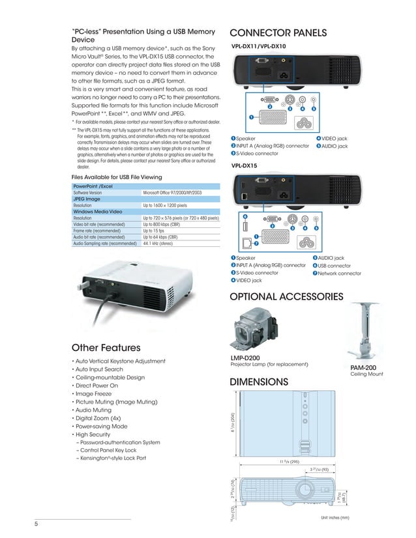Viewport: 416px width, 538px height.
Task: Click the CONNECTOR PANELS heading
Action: [278, 33]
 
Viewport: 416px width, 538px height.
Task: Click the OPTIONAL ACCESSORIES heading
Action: [286, 297]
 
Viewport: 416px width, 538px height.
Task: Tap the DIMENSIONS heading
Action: [259, 382]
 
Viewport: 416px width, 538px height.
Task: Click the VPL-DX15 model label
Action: [245, 166]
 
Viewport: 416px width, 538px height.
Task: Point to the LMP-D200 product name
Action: [245, 358]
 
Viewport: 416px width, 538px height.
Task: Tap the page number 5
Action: [37, 524]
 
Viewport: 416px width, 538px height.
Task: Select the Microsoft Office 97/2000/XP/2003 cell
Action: [172, 193]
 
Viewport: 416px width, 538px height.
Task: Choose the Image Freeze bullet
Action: [97, 394]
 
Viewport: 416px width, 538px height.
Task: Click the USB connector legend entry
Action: [334, 266]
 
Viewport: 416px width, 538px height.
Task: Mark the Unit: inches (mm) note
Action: [335, 517]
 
